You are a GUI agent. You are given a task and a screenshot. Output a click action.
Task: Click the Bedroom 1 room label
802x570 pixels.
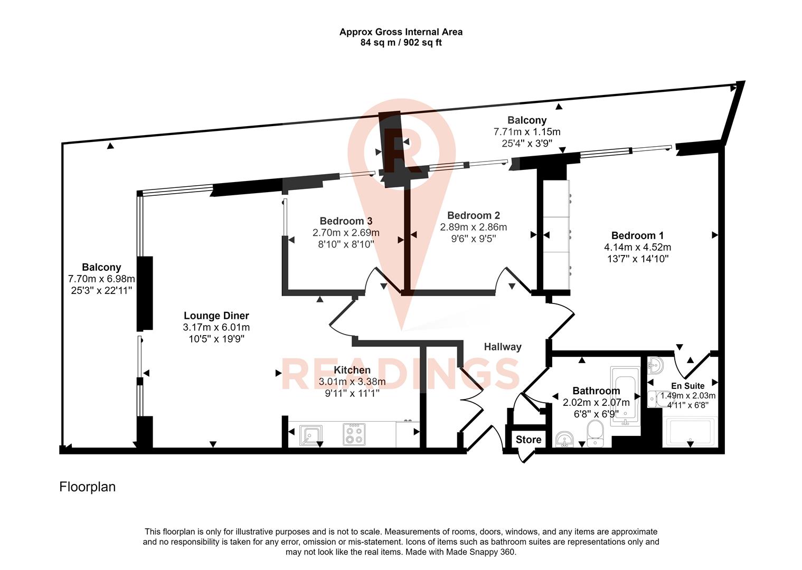point(637,235)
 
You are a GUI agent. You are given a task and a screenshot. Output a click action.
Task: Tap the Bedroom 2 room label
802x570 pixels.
point(473,215)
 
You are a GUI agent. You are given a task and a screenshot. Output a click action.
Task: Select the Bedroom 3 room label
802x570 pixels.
point(346,221)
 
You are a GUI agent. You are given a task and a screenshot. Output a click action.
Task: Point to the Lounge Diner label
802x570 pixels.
point(216,316)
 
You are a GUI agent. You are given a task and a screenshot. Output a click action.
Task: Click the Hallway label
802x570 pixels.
point(503,347)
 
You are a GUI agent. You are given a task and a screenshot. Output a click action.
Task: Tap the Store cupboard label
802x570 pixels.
point(529,440)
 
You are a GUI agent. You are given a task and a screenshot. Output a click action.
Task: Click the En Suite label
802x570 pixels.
point(687,386)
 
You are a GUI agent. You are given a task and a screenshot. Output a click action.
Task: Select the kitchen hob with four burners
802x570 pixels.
point(353,434)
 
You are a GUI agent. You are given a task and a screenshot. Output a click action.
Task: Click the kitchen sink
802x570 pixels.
point(311,435)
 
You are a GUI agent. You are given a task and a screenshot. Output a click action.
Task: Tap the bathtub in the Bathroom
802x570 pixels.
point(625,396)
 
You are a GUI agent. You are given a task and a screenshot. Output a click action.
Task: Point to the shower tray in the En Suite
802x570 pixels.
point(691,432)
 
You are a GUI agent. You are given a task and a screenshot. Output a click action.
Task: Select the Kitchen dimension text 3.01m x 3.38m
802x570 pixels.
point(352,382)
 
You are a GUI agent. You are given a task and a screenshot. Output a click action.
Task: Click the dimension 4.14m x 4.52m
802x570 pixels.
point(637,247)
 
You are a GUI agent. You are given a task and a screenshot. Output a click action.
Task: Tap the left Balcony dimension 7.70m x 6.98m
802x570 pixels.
point(101,279)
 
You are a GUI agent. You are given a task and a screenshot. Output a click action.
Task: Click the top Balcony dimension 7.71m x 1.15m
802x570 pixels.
point(526,131)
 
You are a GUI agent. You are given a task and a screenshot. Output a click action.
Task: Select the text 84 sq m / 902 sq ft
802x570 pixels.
point(401,43)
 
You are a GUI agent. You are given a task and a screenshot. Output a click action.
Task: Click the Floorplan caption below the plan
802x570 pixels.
point(87,487)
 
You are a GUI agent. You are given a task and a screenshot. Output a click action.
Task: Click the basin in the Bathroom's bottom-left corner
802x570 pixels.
point(564,439)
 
